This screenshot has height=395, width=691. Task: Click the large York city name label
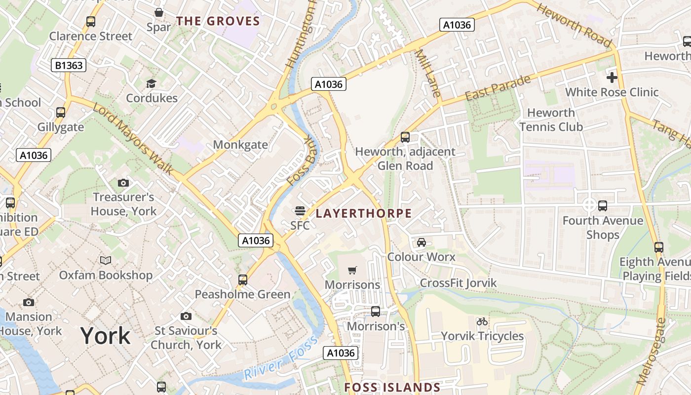[x=106, y=336]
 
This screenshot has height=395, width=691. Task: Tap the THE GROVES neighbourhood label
[x=218, y=21]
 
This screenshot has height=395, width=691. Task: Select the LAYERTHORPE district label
[x=363, y=213]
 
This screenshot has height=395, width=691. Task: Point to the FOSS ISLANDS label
[x=392, y=387]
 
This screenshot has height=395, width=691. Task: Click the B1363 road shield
[x=69, y=65]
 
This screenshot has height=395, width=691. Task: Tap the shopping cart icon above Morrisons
[x=352, y=270]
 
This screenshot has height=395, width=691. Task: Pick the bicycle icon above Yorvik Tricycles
[x=482, y=321]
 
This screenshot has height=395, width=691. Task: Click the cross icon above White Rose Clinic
[x=612, y=78]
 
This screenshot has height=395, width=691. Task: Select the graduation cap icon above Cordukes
[x=151, y=83]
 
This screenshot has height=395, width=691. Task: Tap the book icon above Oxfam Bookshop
[x=106, y=260]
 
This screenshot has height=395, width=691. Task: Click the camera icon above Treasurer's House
[x=123, y=183]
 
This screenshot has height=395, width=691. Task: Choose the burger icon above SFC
[x=300, y=211]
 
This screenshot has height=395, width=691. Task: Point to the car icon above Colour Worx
[x=421, y=242]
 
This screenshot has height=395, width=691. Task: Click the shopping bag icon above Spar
[x=159, y=12]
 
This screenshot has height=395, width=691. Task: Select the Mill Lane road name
[x=427, y=73]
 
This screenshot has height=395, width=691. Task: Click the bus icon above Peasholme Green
[x=243, y=280]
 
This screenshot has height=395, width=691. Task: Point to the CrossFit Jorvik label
[x=458, y=283]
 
